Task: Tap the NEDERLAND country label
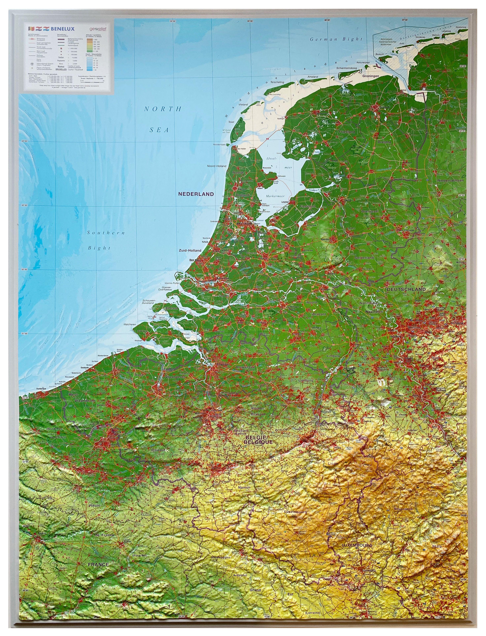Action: coord(196,194)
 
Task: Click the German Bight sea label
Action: coord(336,39)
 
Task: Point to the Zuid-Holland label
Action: coord(190,250)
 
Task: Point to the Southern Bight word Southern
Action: coord(106,233)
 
